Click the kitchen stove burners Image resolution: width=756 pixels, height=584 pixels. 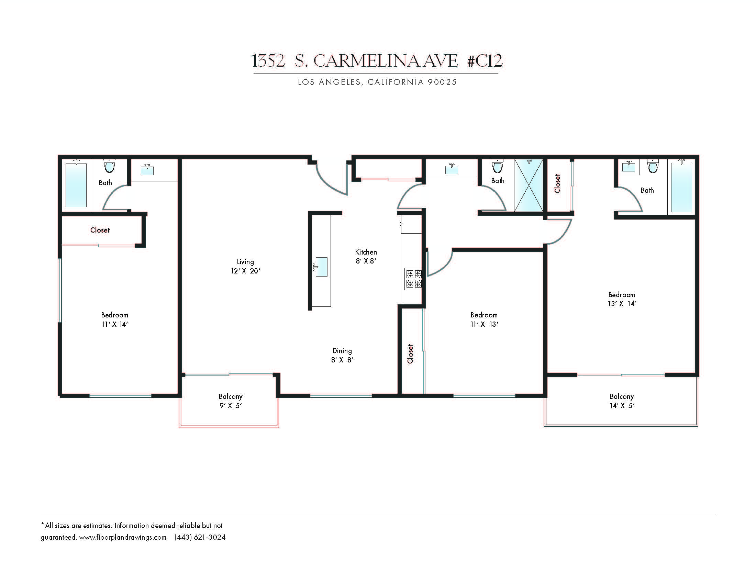pyautogui.click(x=414, y=279)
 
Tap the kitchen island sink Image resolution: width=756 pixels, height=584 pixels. pyautogui.click(x=321, y=267)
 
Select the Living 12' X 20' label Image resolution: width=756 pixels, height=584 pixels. pyautogui.click(x=245, y=266)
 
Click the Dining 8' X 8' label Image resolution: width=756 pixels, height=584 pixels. pyautogui.click(x=342, y=355)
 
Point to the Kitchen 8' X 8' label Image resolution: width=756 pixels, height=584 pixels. pyautogui.click(x=366, y=256)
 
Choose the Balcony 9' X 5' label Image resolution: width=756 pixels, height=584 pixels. pyautogui.click(x=231, y=401)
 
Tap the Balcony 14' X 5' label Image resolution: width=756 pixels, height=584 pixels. pyautogui.click(x=622, y=401)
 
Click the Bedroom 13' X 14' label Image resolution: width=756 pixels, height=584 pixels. pyautogui.click(x=622, y=299)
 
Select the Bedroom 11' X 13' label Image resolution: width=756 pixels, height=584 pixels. pyautogui.click(x=484, y=319)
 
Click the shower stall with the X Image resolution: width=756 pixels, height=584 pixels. pyautogui.click(x=529, y=185)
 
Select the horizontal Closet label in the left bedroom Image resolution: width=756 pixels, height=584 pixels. pyautogui.click(x=100, y=230)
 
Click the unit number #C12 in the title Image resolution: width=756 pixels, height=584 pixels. pyautogui.click(x=485, y=61)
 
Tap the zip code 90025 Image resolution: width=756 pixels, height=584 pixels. pyautogui.click(x=442, y=82)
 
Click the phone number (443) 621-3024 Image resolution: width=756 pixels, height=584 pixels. pyautogui.click(x=200, y=537)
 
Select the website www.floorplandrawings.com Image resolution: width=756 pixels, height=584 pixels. pyautogui.click(x=123, y=537)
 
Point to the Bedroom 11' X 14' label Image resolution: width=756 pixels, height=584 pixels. pyautogui.click(x=114, y=319)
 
